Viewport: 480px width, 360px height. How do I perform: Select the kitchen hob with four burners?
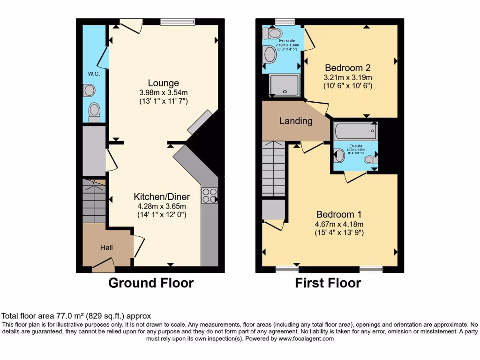click(210, 195)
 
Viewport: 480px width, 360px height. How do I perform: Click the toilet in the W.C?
click(95, 112)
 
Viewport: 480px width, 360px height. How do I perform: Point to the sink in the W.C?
click(89, 90)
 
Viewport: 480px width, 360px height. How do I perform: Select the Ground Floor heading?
click(151, 283)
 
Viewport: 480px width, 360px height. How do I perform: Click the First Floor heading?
click(328, 283)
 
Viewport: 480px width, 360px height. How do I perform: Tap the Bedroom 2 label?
click(348, 67)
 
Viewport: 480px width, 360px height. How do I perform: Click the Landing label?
click(296, 121)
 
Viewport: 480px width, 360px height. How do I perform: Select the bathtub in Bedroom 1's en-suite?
click(355, 131)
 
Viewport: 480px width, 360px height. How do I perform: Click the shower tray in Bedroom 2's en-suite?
click(284, 86)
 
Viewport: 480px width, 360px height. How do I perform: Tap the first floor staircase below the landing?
click(274, 169)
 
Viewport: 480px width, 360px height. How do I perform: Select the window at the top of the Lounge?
click(178, 22)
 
